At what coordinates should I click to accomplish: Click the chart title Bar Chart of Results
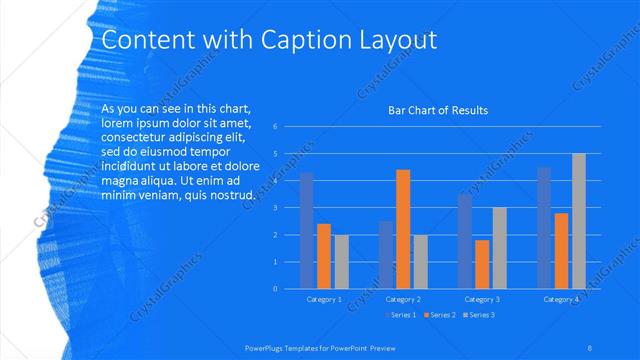click(x=437, y=110)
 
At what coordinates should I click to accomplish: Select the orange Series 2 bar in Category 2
click(x=403, y=229)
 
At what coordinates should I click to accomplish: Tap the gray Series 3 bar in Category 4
click(x=578, y=221)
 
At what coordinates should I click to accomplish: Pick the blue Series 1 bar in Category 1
click(x=307, y=231)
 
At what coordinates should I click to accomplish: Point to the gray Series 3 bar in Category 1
click(x=341, y=262)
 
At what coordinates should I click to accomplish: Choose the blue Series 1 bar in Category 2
click(x=386, y=255)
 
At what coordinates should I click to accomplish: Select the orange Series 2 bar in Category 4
click(x=561, y=251)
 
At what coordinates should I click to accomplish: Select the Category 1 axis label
click(x=324, y=299)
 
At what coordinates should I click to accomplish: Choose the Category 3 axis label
click(x=482, y=299)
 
